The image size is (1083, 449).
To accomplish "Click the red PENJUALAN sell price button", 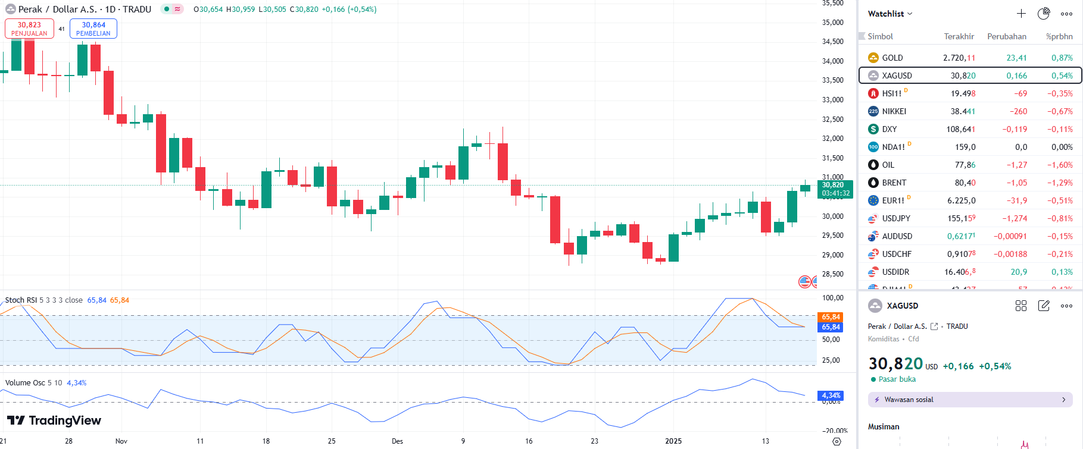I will click(29, 29).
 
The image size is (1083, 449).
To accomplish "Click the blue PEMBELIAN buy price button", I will click(93, 29).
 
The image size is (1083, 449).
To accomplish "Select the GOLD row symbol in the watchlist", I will click(892, 58).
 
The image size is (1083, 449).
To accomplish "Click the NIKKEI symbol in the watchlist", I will click(894, 111).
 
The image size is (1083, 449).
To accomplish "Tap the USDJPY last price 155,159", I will click(961, 218).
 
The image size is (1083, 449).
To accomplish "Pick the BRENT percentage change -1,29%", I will click(1060, 183).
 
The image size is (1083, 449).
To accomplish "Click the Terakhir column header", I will click(959, 36).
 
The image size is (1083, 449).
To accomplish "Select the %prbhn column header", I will click(1059, 36).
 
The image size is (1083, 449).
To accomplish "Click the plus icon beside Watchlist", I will click(1021, 14).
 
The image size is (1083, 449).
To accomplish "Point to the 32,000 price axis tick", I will click(832, 139).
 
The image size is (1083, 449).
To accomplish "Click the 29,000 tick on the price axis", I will click(832, 255).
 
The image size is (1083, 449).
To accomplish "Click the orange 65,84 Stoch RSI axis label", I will click(831, 317).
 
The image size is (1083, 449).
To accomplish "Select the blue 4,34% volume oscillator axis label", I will click(831, 395).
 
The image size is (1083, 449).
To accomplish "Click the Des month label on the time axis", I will click(397, 441).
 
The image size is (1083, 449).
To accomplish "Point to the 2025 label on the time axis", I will click(673, 441).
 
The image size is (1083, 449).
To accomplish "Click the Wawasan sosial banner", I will click(970, 400).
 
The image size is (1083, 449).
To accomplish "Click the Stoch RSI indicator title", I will click(21, 300).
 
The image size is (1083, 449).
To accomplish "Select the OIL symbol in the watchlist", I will click(888, 165).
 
